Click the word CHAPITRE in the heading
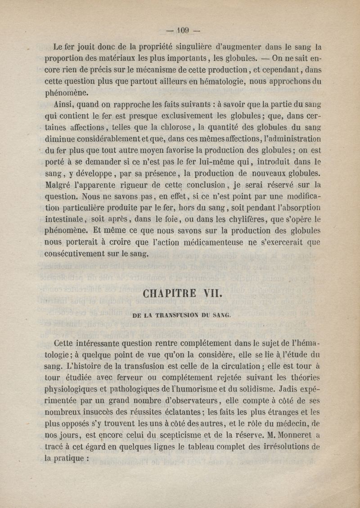[168, 294]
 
